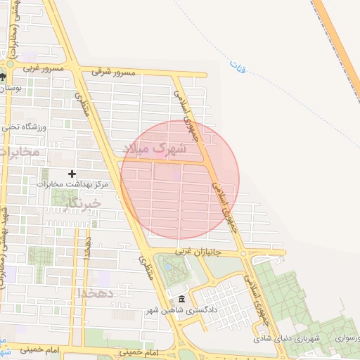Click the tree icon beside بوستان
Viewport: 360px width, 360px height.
click(4, 77)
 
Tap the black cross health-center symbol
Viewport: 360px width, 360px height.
click(72, 173)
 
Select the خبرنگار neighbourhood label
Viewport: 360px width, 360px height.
click(82, 203)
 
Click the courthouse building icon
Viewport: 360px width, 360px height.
click(181, 300)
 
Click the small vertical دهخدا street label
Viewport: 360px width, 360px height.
click(87, 247)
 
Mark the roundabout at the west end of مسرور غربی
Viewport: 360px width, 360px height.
click(10, 65)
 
